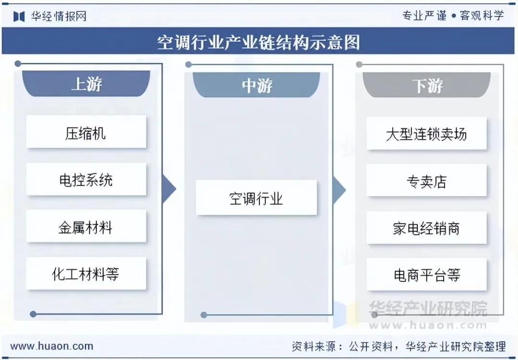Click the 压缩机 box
click(x=86, y=132)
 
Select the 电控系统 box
click(x=86, y=180)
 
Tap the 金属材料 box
click(x=86, y=227)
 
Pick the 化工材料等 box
click(x=86, y=274)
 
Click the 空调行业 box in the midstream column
click(x=256, y=197)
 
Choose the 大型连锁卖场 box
click(x=426, y=134)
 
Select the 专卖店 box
click(x=426, y=181)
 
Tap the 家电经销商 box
click(x=426, y=228)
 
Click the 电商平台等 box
click(x=426, y=275)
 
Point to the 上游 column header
click(x=86, y=84)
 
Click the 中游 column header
click(x=257, y=85)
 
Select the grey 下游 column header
click(x=427, y=86)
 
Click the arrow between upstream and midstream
click(x=169, y=189)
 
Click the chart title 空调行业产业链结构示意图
click(x=259, y=42)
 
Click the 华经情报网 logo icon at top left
click(x=19, y=16)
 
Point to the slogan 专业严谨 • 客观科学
click(x=453, y=15)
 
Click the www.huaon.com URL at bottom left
click(x=52, y=346)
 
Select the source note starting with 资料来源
click(x=399, y=346)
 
